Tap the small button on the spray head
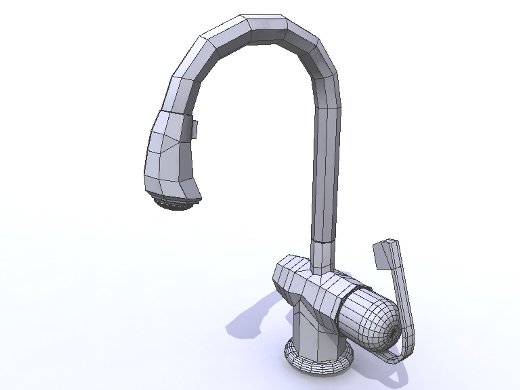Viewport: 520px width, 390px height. [194, 129]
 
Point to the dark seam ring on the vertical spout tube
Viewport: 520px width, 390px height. [323, 240]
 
